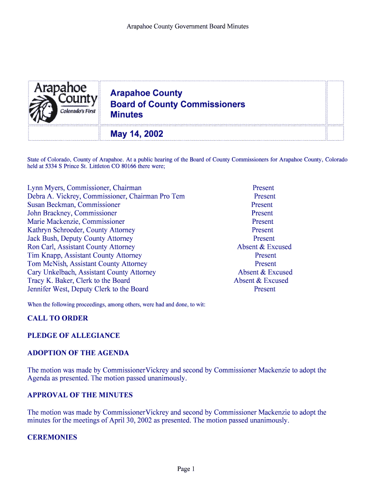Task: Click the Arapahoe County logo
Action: pos(64,102)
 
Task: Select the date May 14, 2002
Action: pos(137,134)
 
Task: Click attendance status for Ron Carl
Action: pos(264,247)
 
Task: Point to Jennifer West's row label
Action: pos(88,289)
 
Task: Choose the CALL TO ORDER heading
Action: pos(57,318)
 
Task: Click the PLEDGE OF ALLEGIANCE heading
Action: pos(73,335)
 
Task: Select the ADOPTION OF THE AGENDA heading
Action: pos(78,353)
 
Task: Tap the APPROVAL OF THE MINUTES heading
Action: pos(80,395)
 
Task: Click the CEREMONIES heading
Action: pos(52,437)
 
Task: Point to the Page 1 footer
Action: pos(186,469)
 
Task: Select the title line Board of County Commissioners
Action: pos(177,104)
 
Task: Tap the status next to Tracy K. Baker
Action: pos(261,281)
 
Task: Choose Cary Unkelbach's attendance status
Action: pos(265,272)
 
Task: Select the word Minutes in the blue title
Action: pos(127,115)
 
